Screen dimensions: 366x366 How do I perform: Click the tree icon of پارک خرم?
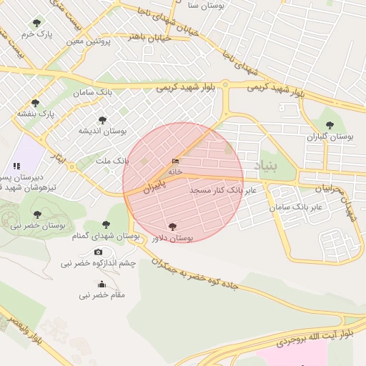[36, 23]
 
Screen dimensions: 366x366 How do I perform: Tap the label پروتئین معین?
[90, 41]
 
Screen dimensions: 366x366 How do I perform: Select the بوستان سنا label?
[206, 5]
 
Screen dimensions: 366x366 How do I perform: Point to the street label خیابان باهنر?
[150, 37]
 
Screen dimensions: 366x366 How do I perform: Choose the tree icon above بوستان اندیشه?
[102, 120]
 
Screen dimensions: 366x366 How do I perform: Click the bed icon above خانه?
[176, 162]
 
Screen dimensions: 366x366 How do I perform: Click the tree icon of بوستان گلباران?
[330, 124]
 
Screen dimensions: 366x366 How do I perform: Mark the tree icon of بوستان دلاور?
[172, 227]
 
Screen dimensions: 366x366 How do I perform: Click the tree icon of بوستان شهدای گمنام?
[107, 224]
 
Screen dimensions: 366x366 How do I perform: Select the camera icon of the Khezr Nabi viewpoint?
[98, 252]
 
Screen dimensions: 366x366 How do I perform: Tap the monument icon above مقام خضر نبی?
[101, 284]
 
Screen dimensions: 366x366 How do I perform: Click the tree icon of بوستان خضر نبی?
[37, 214]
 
